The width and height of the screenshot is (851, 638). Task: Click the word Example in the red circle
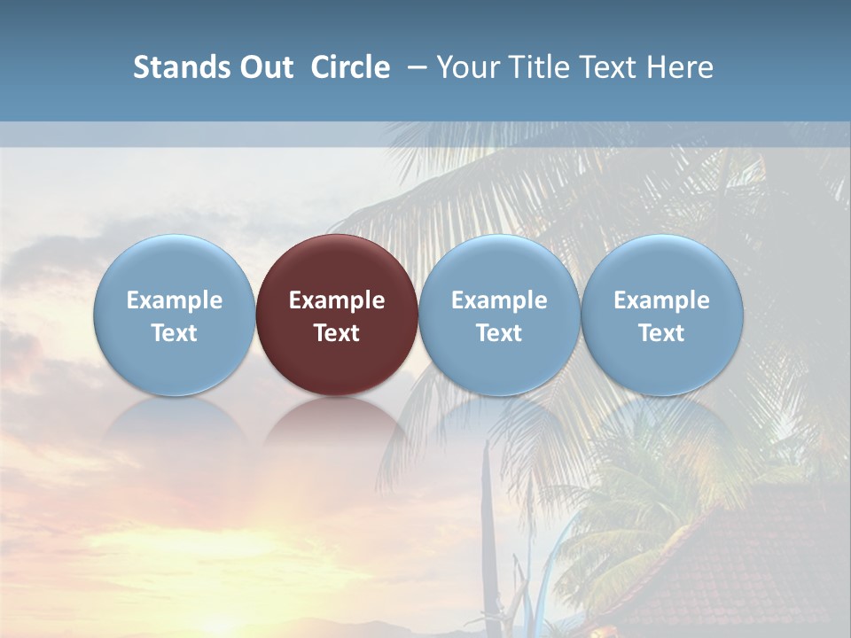point(337,300)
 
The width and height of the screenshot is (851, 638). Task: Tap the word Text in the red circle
point(337,333)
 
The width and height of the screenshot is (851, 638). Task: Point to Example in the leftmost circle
point(174,300)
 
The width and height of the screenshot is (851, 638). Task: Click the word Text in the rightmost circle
point(662,333)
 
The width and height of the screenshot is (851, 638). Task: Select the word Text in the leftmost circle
point(174,333)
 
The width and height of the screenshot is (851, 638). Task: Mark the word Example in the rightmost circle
point(662,300)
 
